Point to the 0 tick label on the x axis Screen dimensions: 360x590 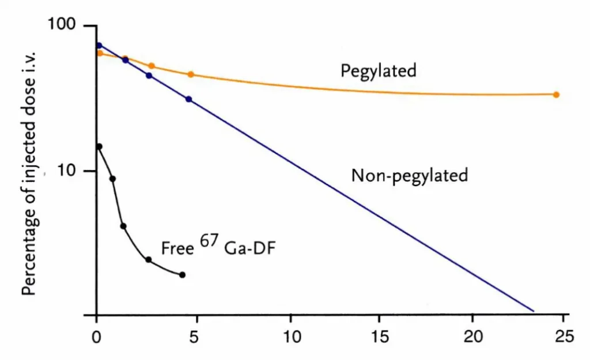tap(97, 336)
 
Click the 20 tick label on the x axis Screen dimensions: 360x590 tap(472, 336)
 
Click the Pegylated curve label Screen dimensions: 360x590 tap(378, 71)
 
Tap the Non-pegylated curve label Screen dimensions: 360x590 tap(409, 175)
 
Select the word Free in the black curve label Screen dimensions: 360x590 tap(177, 249)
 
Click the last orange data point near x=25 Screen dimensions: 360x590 tap(556, 94)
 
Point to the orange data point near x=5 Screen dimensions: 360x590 tap(191, 74)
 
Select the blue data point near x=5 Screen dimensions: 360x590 tap(188, 99)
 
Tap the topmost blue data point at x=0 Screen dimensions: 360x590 tap(99, 46)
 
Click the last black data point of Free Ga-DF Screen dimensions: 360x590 tap(182, 275)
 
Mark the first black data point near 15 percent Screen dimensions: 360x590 tap(99, 147)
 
